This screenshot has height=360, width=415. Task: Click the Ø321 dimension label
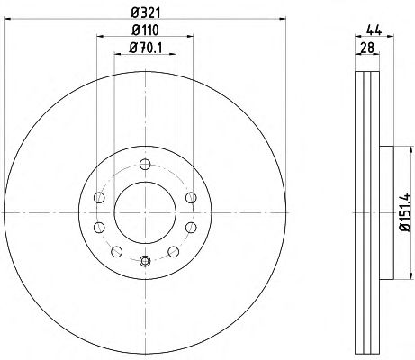click(x=146, y=13)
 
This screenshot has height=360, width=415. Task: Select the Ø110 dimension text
click(x=145, y=30)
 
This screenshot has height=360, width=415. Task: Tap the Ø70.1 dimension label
click(x=146, y=48)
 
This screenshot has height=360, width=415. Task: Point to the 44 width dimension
click(x=374, y=31)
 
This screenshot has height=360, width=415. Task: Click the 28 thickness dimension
click(x=367, y=48)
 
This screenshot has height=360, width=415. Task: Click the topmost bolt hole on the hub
click(x=145, y=164)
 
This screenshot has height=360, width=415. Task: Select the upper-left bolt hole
click(x=99, y=198)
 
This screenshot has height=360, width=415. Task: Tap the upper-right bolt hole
click(x=191, y=198)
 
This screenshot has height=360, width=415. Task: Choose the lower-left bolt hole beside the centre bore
click(x=99, y=228)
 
